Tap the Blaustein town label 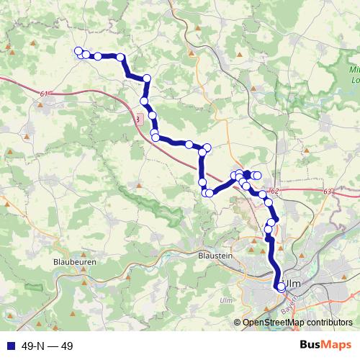[214, 255]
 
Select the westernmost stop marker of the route [78, 50]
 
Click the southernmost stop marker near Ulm [281, 287]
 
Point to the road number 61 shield [45, 94]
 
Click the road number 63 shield [328, 192]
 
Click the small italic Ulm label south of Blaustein [226, 300]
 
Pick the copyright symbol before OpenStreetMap [238, 323]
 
